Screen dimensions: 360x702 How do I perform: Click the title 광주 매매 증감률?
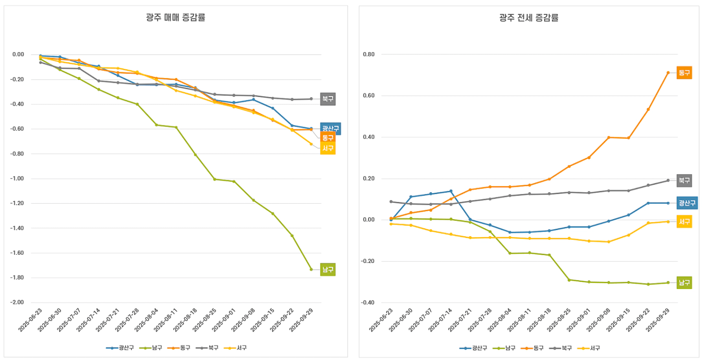[x=175, y=18]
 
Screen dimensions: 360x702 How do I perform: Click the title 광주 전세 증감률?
[x=529, y=18]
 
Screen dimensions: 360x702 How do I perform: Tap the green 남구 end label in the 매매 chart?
[x=328, y=269]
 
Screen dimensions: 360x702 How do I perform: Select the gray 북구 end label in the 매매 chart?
[x=328, y=99]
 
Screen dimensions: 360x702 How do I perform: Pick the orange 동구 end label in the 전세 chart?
[x=684, y=73]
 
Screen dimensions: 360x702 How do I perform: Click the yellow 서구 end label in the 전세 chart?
[x=684, y=222]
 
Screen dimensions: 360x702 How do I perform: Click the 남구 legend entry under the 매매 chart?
[x=153, y=348]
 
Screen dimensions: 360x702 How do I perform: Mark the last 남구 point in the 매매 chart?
[x=311, y=269]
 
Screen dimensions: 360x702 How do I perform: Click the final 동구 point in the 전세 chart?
[x=668, y=73]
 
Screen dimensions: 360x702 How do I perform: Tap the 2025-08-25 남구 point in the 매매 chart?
[x=214, y=179]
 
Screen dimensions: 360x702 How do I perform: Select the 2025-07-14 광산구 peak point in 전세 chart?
[x=451, y=191]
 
